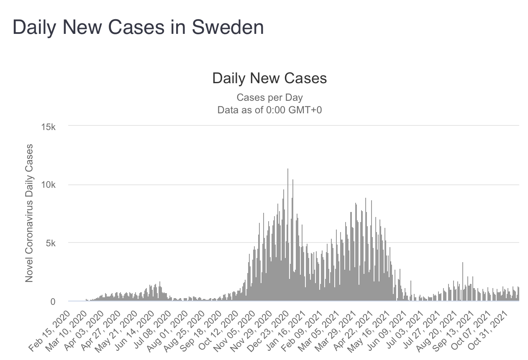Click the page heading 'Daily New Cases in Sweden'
[x=138, y=28]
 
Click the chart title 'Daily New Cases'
[x=269, y=79]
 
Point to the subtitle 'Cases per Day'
[x=269, y=97]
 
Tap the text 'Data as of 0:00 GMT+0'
[x=269, y=110]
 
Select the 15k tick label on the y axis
[x=49, y=127]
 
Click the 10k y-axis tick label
[x=49, y=185]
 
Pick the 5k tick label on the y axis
[x=51, y=243]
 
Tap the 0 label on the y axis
[x=54, y=301]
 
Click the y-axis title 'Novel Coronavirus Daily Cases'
[x=29, y=213]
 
